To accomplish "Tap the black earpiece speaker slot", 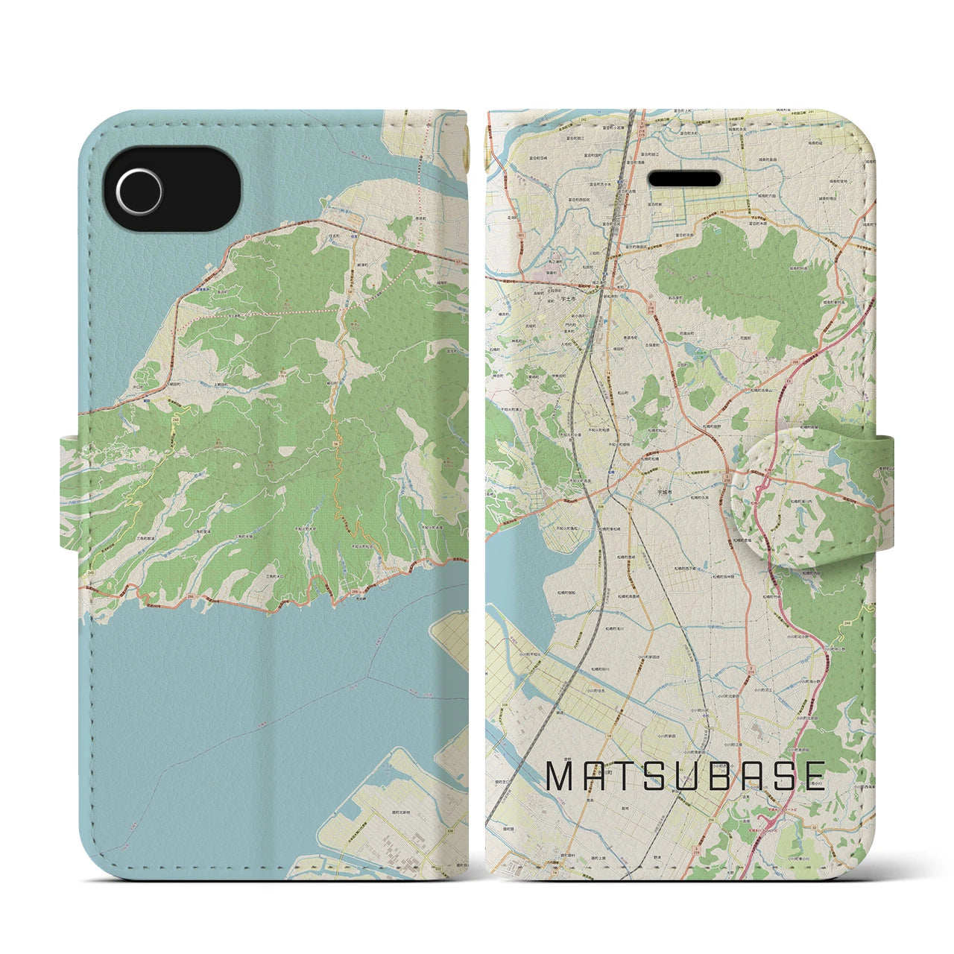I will click(x=685, y=180).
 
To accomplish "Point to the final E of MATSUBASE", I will click(x=812, y=777).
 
